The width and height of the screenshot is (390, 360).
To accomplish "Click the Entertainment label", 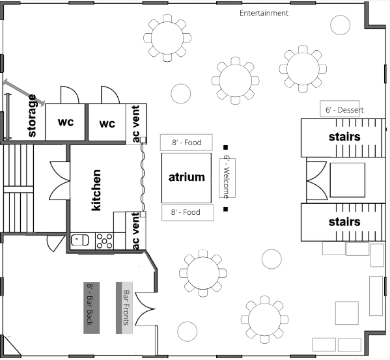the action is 264,13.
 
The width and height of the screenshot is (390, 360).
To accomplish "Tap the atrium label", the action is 187,177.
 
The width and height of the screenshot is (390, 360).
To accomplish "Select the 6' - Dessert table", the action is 340,109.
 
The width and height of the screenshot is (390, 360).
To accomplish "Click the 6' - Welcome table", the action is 227,178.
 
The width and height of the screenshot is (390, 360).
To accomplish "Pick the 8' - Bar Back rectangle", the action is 92,308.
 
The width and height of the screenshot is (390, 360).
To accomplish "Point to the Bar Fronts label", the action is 126,308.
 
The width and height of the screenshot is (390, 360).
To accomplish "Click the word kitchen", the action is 96,190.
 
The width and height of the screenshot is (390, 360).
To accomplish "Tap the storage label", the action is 32,116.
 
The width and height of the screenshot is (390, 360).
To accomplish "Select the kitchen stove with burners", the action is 104,241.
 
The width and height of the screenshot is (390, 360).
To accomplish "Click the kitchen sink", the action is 80,240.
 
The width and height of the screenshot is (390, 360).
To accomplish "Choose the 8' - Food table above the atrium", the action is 186,143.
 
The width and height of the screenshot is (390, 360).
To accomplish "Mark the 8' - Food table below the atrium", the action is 188,213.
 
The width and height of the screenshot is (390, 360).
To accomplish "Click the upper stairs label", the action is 344,137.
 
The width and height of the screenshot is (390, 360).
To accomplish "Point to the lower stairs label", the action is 344,222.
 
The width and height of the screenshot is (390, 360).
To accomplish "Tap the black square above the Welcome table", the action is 225,148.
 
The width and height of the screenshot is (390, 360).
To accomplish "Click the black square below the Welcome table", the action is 225,210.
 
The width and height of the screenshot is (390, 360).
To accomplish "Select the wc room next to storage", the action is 65,122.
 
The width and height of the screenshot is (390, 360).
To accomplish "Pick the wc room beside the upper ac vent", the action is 107,122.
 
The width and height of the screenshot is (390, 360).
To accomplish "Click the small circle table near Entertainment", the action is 341,25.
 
